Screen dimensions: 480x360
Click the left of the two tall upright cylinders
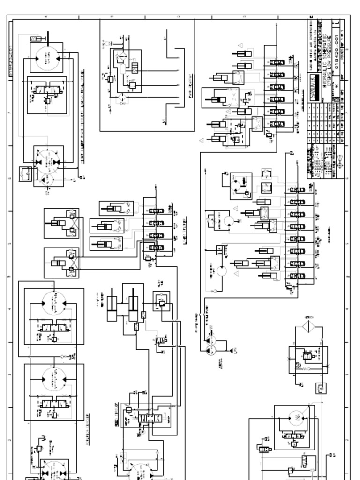[x=112, y=309]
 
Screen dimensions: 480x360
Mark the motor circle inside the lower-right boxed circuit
[x=295, y=417]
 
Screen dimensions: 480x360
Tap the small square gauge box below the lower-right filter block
[x=321, y=388]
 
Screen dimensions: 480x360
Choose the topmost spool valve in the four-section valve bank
[x=156, y=211]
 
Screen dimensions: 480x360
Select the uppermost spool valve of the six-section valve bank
[x=277, y=62]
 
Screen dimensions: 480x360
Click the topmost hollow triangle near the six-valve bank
[x=240, y=46]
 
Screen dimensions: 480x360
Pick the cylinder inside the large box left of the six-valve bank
[x=216, y=99]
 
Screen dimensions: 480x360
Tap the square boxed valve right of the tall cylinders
[x=162, y=300]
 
